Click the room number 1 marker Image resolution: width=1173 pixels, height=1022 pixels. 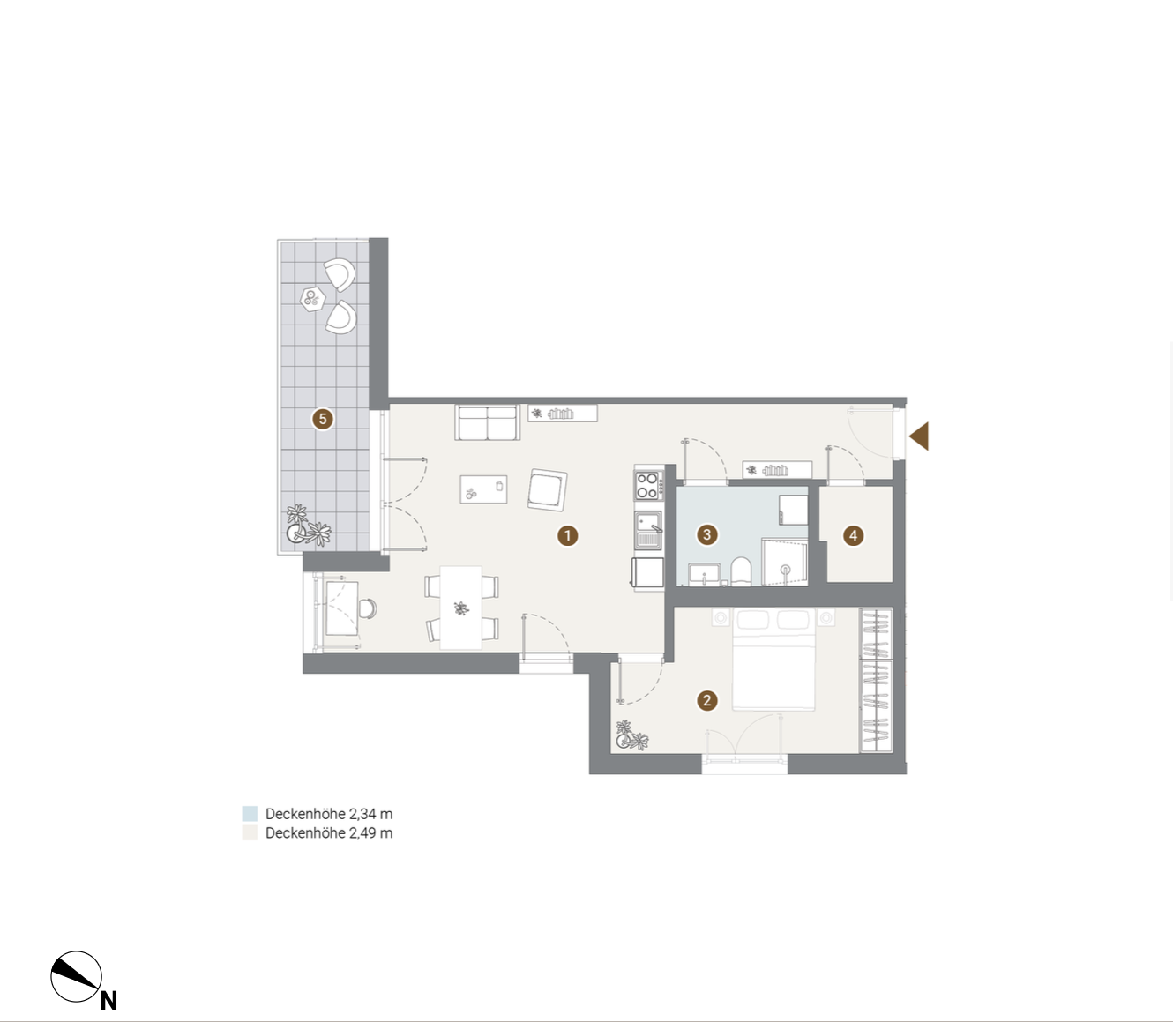click(x=568, y=536)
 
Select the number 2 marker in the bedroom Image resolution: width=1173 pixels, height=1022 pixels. click(x=706, y=700)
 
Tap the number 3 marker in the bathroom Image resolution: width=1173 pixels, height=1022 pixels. click(x=706, y=534)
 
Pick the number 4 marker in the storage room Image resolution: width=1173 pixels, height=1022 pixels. click(x=853, y=536)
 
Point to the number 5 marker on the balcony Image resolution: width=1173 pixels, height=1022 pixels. click(x=322, y=419)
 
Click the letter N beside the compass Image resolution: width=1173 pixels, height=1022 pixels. click(x=108, y=1000)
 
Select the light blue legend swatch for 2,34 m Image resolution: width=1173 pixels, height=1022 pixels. click(x=250, y=814)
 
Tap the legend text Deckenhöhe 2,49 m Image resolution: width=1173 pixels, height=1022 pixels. click(x=328, y=832)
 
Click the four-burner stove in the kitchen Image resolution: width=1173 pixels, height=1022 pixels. click(x=648, y=485)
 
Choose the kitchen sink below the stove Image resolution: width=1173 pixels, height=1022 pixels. click(x=648, y=530)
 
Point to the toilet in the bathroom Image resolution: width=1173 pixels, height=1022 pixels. click(x=741, y=571)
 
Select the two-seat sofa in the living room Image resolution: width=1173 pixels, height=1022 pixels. click(x=488, y=422)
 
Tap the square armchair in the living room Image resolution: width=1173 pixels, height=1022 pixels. click(x=548, y=490)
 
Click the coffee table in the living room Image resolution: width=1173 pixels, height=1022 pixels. click(x=483, y=489)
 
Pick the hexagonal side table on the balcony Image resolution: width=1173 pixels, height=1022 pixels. click(x=313, y=298)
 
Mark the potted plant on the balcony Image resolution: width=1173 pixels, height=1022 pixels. click(x=308, y=526)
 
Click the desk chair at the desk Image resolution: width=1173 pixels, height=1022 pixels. click(x=368, y=608)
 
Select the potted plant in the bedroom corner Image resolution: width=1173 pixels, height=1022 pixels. click(x=631, y=736)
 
